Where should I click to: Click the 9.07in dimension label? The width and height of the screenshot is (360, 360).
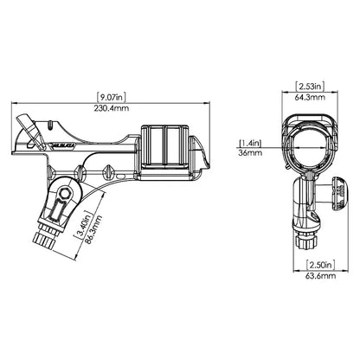(112, 97)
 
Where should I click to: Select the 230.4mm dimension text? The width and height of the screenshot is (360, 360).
(112, 108)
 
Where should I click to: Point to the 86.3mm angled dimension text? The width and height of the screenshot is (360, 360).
(93, 229)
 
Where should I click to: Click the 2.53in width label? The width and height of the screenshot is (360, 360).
(310, 86)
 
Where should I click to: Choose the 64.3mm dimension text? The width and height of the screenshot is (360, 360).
(310, 97)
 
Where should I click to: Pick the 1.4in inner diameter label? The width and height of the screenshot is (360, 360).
(250, 143)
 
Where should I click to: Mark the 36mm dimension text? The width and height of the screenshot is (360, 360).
(250, 152)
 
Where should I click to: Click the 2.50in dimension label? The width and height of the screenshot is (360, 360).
(320, 265)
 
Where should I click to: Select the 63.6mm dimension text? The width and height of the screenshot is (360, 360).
(320, 276)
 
